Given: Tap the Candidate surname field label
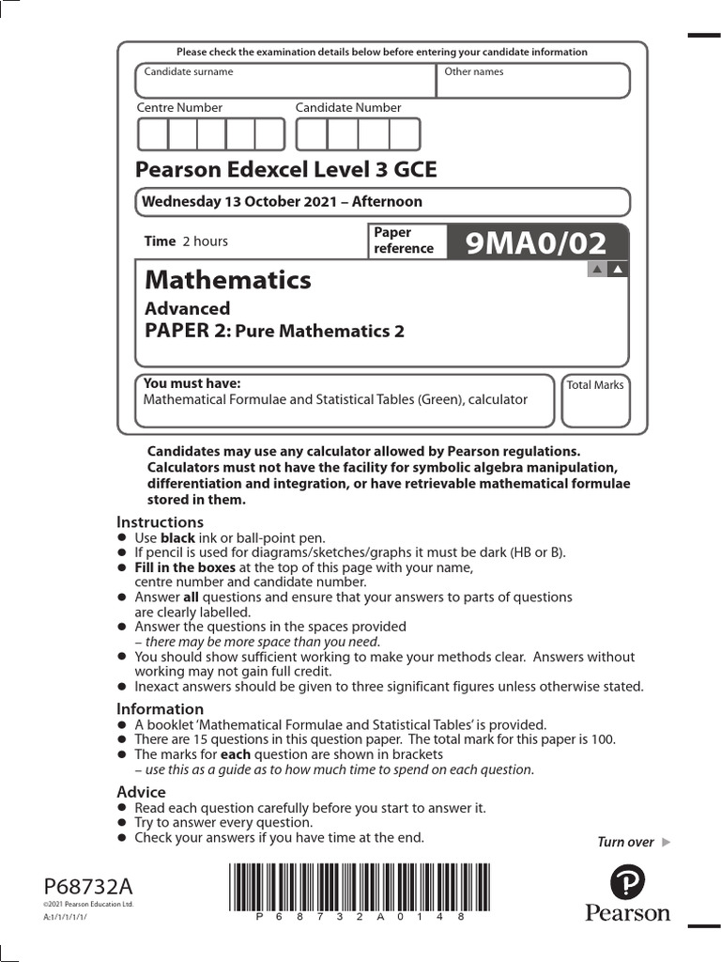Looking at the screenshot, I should [x=188, y=72].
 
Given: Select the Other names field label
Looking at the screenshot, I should [x=473, y=72].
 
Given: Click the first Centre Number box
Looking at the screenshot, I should [x=152, y=134].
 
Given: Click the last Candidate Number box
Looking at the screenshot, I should [x=405, y=134].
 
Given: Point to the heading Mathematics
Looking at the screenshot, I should [x=227, y=280].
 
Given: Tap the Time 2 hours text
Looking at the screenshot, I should [x=186, y=241].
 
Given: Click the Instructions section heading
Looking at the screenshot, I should [x=160, y=522].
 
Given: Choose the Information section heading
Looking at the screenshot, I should [x=160, y=709].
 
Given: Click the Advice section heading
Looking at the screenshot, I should [x=141, y=792].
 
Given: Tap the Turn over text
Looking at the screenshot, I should [x=625, y=842].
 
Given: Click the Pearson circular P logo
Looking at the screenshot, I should [x=627, y=884].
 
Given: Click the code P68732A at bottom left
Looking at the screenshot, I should [x=88, y=887].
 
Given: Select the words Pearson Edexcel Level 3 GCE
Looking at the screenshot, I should [x=286, y=170].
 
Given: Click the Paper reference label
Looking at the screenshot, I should [x=404, y=240].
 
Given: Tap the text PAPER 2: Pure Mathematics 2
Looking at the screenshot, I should [x=274, y=331].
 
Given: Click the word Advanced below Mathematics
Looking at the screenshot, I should [x=187, y=308].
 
